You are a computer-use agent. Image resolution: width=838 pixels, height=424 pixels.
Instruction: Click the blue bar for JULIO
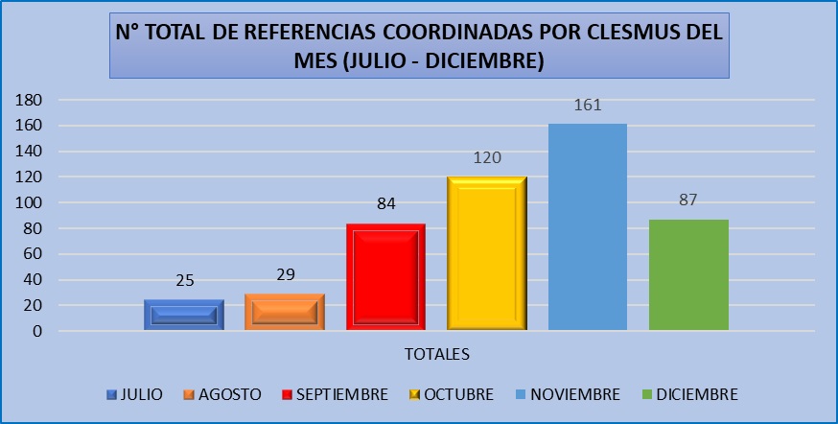point(183,315)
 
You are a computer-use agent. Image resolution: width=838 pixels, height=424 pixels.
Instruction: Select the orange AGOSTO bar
point(284,312)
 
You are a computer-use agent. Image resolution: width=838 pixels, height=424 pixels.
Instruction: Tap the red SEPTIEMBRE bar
point(385,277)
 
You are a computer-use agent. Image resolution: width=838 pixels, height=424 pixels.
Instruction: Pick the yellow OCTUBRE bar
point(486,254)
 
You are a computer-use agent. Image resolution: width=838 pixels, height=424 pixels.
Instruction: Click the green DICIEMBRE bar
point(688,275)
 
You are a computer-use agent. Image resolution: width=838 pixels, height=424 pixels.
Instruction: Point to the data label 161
point(587,105)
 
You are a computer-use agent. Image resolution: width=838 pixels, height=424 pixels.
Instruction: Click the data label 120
point(486,157)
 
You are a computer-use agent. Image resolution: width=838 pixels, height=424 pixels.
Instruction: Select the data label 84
point(385,203)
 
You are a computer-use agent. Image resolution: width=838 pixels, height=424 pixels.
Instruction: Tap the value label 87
point(687,200)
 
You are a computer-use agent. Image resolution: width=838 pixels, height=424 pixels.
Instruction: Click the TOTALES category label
point(435,354)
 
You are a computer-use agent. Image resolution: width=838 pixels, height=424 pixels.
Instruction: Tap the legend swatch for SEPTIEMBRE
point(288,394)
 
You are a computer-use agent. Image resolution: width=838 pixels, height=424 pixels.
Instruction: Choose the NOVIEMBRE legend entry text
point(576,394)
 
